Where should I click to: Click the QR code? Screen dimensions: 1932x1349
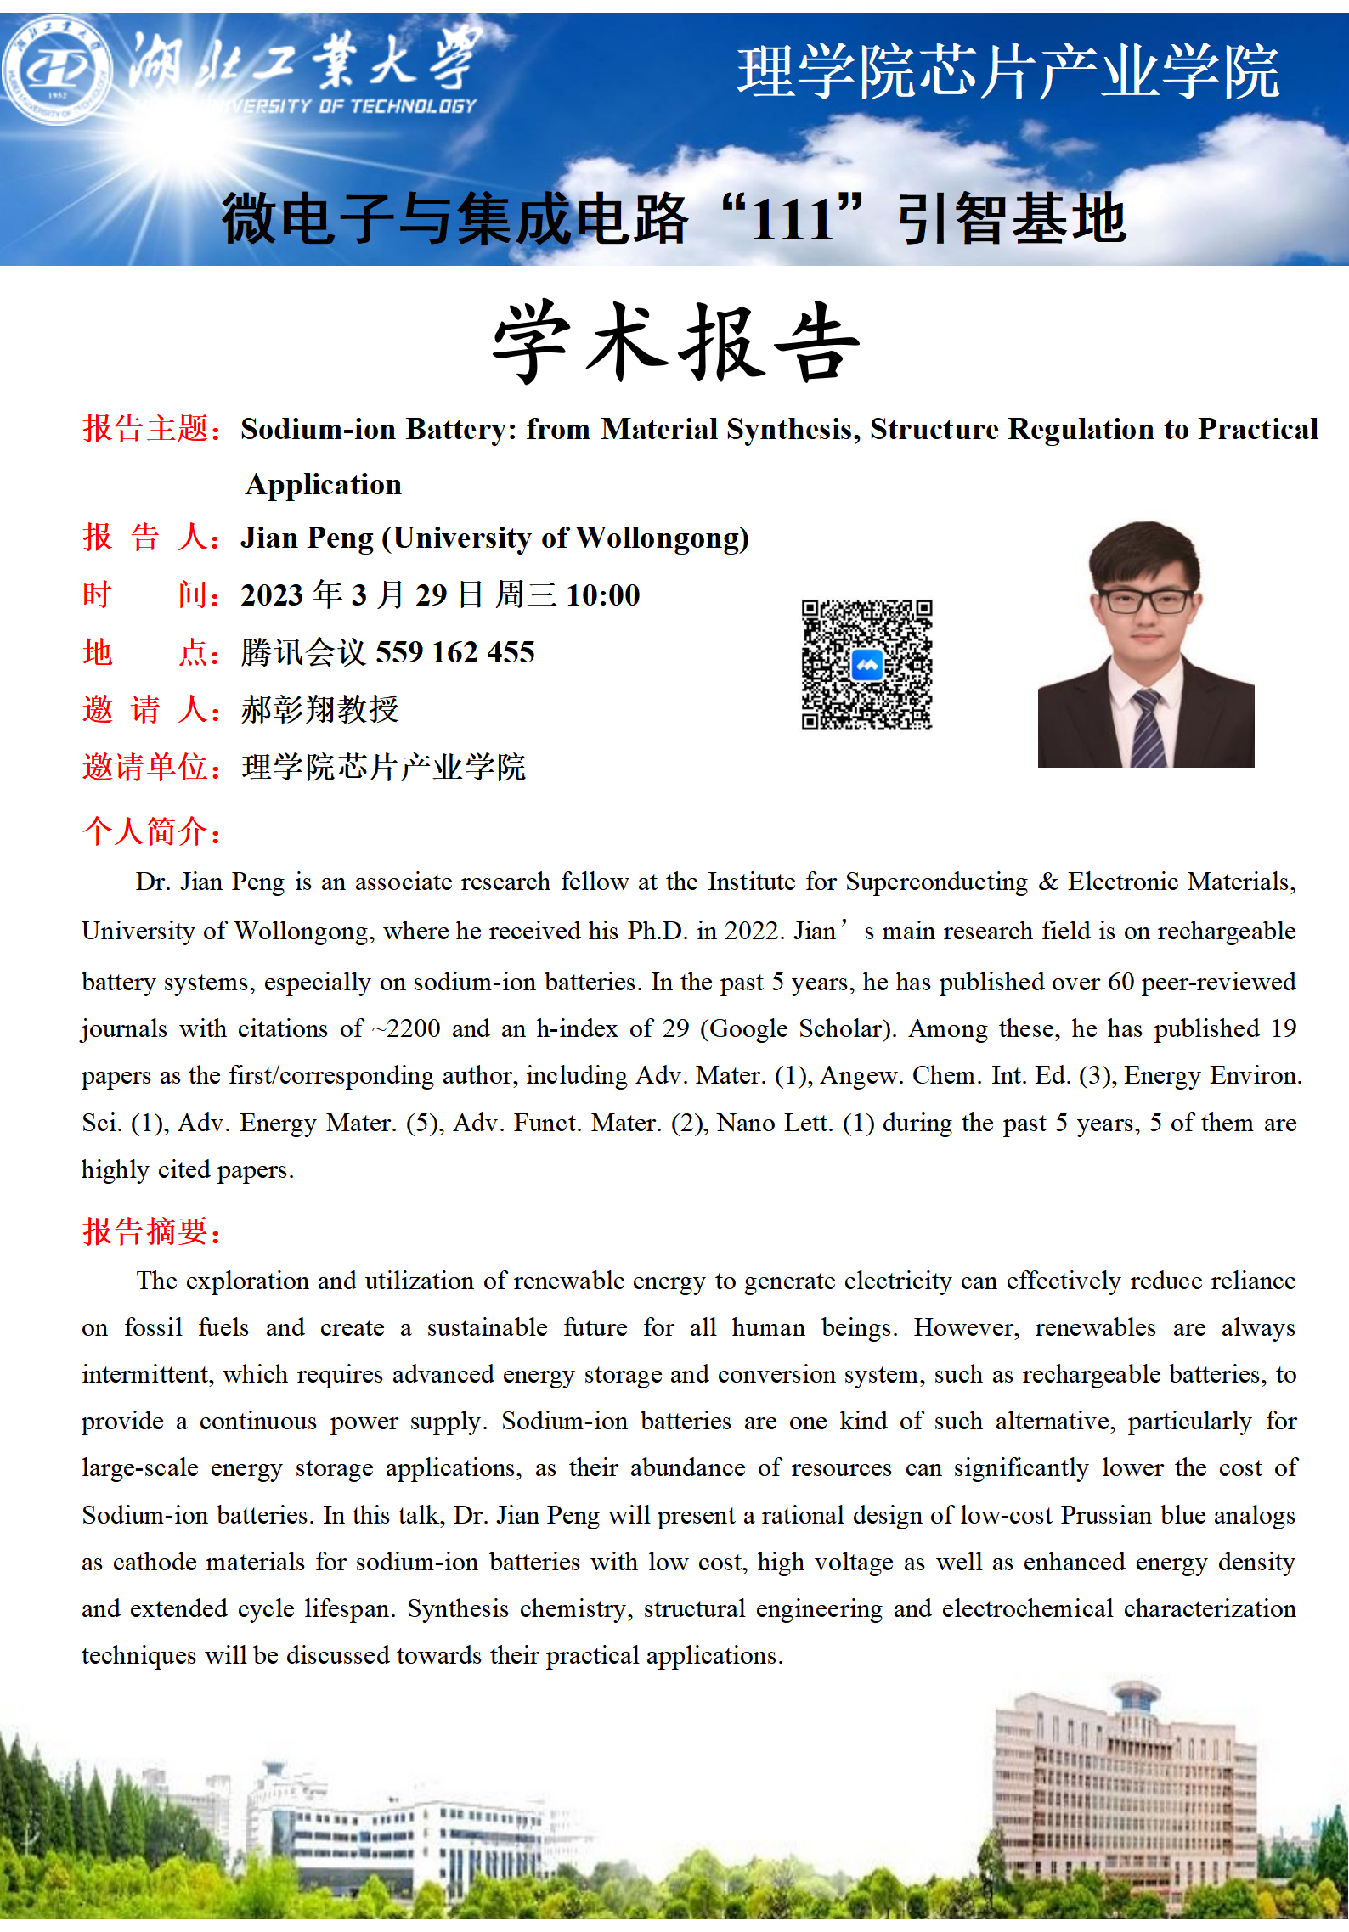(x=866, y=664)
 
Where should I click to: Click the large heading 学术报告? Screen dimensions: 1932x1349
(x=676, y=341)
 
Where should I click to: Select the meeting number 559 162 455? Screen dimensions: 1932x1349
(x=454, y=652)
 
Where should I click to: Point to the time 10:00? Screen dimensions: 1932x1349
(x=602, y=595)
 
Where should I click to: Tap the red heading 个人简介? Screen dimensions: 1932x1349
(x=150, y=831)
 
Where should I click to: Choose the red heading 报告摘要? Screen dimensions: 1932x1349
(x=150, y=1231)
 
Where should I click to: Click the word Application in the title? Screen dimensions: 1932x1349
(x=324, y=485)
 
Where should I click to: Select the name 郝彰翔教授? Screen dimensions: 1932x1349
(x=319, y=709)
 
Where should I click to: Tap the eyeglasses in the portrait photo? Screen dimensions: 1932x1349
(x=1146, y=601)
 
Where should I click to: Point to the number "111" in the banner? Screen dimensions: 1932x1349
(x=792, y=219)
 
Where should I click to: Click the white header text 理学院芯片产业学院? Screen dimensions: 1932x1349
(x=1008, y=72)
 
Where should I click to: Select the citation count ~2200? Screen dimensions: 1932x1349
(x=406, y=1029)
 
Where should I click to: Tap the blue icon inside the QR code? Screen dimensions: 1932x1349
(x=866, y=665)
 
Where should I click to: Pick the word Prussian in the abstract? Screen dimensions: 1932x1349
(x=1107, y=1515)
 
